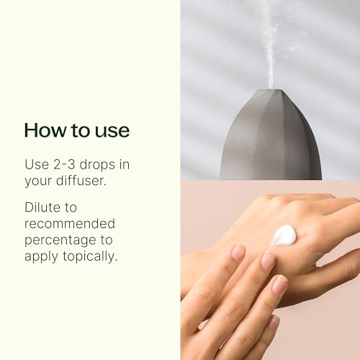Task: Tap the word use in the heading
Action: coord(112,130)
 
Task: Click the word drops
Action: coord(101,164)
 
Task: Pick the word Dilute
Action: coord(42,207)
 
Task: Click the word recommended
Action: coord(69,223)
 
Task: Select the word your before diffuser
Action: coord(38,180)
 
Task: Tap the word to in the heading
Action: coord(77,130)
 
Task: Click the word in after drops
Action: coord(125,164)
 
